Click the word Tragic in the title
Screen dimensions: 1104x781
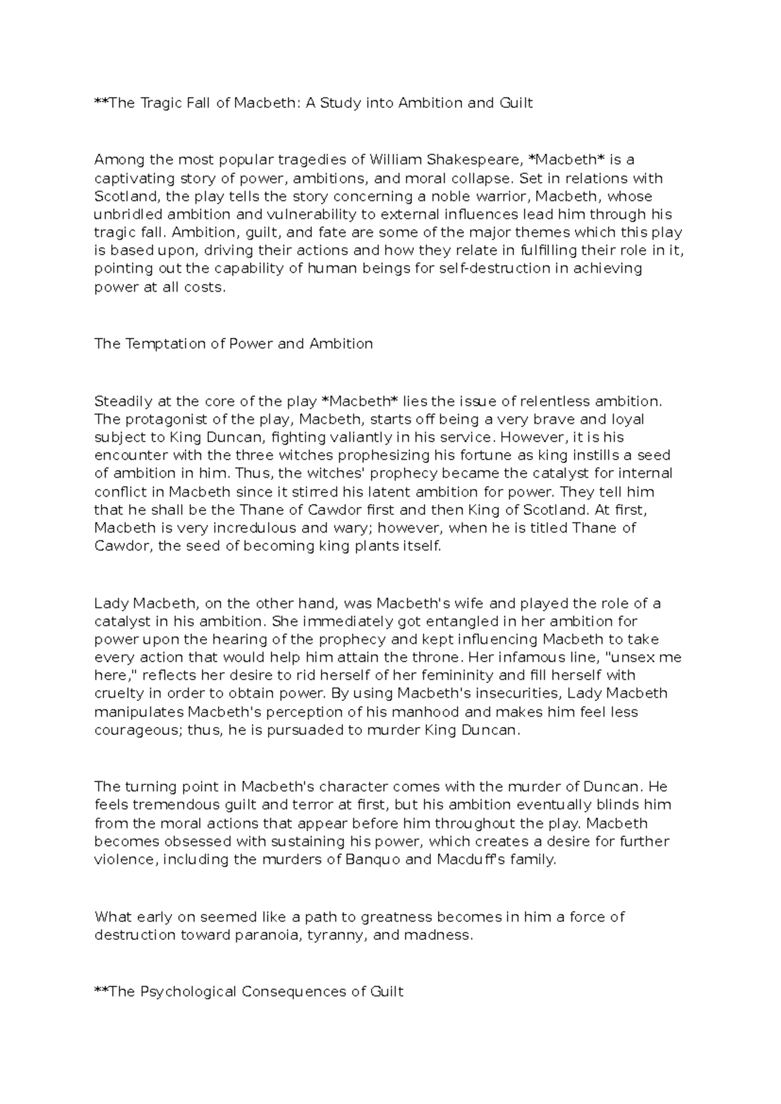[x=159, y=103]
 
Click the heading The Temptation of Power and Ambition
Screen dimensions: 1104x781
[x=234, y=344]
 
